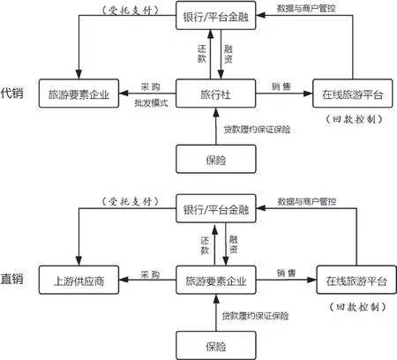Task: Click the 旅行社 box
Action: click(215, 94)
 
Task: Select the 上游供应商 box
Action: click(79, 280)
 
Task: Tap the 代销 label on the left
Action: click(11, 93)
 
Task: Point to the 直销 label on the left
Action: click(11, 279)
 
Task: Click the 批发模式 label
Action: click(151, 103)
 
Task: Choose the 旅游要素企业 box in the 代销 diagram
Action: click(79, 94)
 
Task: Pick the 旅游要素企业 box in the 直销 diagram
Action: click(216, 280)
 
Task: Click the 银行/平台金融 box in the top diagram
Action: click(216, 15)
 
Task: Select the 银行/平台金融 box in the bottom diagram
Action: click(216, 208)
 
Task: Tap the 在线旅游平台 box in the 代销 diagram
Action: click(352, 94)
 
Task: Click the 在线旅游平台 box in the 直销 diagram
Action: click(356, 280)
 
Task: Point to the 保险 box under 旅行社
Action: click(216, 159)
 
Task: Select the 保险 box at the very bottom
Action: click(216, 345)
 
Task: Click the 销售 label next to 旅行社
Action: click(281, 86)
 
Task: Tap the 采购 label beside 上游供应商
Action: click(150, 274)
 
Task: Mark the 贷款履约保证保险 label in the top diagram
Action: click(257, 130)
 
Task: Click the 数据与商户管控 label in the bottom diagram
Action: click(307, 201)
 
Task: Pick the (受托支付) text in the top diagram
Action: click(131, 11)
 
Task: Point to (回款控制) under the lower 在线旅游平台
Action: click(357, 307)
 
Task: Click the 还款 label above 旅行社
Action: click(202, 54)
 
